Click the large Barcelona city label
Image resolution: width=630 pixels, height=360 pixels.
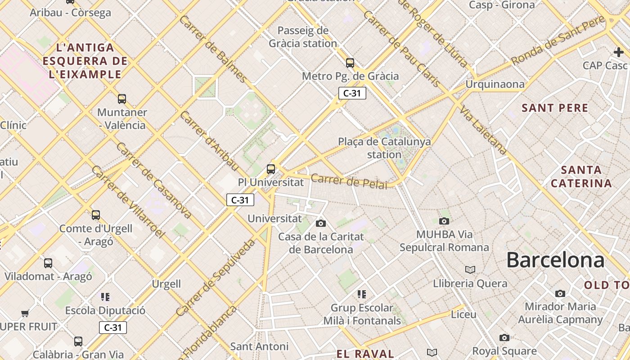(x=555, y=261)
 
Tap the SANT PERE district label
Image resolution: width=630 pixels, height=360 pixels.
(x=555, y=108)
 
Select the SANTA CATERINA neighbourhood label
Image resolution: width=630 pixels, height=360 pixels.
(x=581, y=177)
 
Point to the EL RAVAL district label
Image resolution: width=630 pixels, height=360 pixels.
(x=365, y=354)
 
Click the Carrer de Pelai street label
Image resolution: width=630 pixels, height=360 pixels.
(x=349, y=181)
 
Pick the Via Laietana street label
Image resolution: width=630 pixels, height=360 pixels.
(x=484, y=131)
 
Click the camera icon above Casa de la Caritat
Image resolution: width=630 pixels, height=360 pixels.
(x=321, y=223)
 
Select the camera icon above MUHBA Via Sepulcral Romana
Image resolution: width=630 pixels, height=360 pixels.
(x=444, y=221)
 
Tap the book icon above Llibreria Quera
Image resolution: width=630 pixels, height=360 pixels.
(x=470, y=270)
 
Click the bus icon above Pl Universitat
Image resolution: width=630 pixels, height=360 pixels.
(x=271, y=169)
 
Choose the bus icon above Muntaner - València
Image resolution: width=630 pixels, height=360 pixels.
(x=121, y=99)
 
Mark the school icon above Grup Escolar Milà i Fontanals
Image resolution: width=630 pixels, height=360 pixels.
(x=362, y=295)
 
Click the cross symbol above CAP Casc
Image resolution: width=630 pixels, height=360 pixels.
(x=619, y=52)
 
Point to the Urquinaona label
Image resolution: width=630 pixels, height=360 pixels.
(x=495, y=84)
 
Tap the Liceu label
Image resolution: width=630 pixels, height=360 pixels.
(x=463, y=315)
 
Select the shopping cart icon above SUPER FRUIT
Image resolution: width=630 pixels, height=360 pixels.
(x=25, y=313)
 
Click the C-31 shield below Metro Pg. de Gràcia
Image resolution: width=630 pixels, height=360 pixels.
(x=352, y=93)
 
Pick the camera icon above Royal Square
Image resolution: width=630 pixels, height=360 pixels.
(x=504, y=337)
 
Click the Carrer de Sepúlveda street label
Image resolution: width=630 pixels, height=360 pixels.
(x=215, y=278)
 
